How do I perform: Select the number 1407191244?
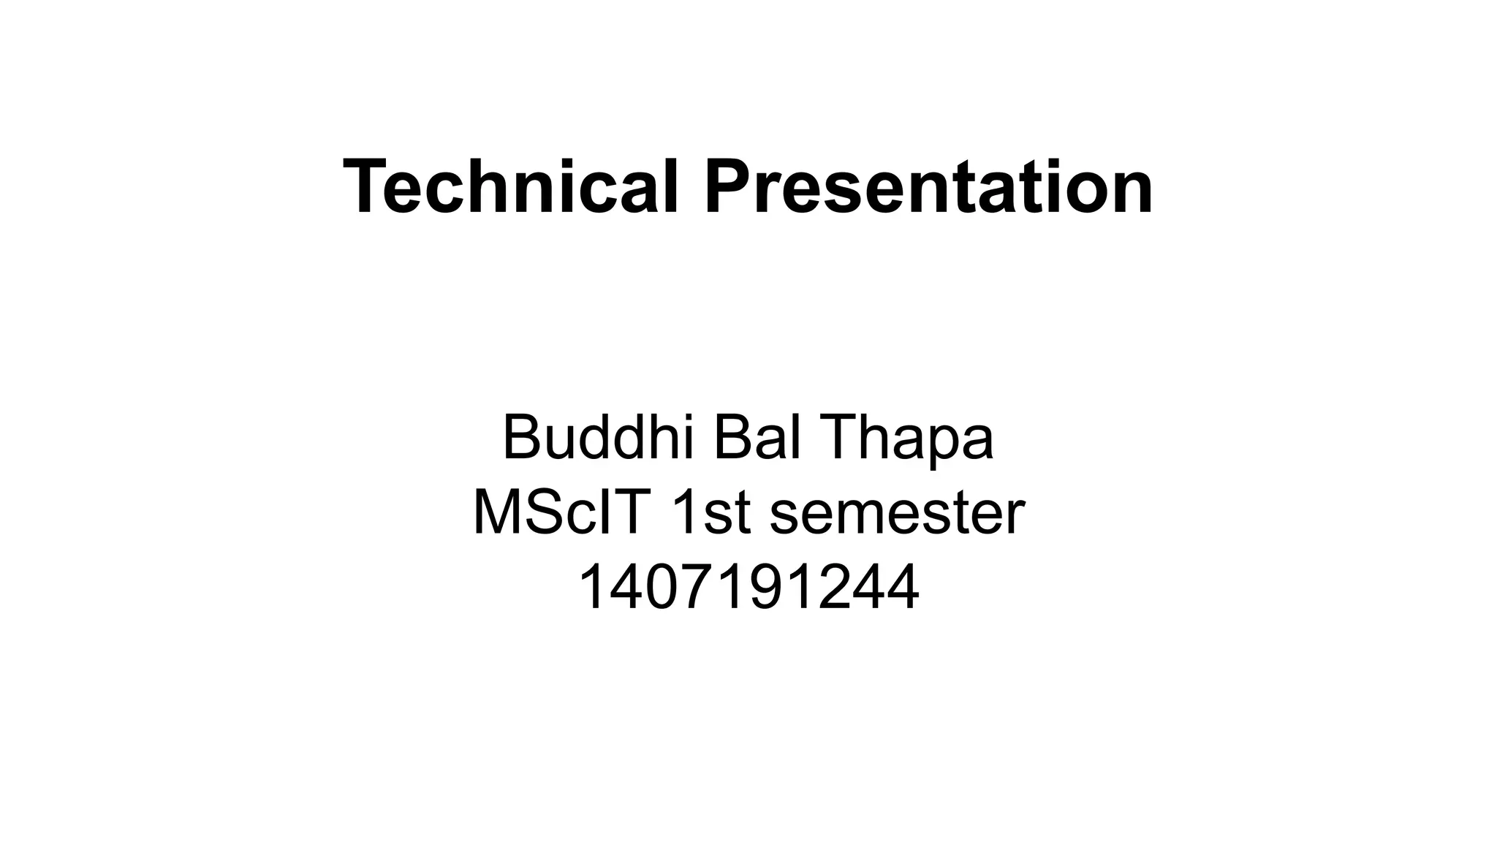point(748,588)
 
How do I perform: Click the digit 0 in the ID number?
point(664,588)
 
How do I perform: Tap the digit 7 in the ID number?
point(699,588)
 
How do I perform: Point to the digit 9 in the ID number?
point(766,588)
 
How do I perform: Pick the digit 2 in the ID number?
point(833,588)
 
